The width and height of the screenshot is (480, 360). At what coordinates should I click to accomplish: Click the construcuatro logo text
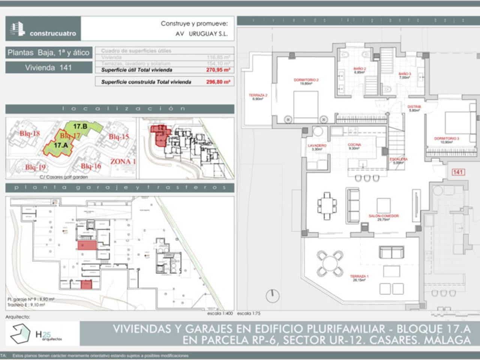[x=52, y=33]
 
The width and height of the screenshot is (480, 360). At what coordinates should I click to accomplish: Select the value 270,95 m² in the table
[x=218, y=70]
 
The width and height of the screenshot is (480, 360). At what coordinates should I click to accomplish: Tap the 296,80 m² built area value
[x=218, y=82]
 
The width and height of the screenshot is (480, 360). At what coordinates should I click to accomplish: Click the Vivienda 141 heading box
[x=49, y=68]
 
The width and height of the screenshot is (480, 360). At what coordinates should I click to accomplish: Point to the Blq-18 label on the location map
[x=30, y=134]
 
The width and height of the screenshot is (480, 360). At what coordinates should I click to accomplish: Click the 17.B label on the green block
[x=80, y=126]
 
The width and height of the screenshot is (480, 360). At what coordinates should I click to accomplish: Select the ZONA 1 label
[x=123, y=162]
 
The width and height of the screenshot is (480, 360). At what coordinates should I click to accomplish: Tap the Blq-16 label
[x=91, y=166]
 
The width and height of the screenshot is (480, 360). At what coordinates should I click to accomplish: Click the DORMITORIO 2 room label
[x=306, y=80]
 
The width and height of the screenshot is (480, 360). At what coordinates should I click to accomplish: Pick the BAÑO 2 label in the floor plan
[x=359, y=69]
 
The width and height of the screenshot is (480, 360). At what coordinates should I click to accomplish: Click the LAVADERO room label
[x=317, y=146]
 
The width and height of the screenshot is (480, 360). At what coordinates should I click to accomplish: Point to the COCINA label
[x=354, y=145]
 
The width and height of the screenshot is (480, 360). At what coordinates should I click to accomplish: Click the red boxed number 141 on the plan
[x=457, y=172]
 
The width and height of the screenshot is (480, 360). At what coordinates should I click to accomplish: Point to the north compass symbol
[x=273, y=295]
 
